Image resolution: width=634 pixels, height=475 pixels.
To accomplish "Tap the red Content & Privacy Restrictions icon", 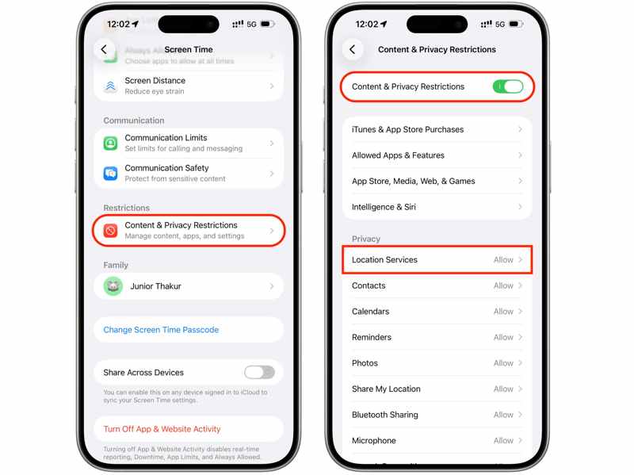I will coord(111,231).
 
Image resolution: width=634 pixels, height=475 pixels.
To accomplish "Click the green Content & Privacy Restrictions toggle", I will coord(507,86).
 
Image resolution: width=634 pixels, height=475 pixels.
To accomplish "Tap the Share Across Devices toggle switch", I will coord(259,372).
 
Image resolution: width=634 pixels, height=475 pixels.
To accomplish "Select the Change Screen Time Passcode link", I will coord(161,330).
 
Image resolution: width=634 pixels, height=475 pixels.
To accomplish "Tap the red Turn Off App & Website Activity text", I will coord(162,429).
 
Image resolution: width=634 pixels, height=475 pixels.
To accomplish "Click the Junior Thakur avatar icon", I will coord(113,286).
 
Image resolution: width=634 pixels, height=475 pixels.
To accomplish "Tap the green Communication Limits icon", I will coord(111,144).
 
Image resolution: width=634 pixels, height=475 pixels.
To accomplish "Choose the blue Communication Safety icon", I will coord(111,173).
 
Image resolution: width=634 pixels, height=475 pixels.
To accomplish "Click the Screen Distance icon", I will coord(111,86).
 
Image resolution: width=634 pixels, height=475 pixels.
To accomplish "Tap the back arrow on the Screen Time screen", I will coord(104,49).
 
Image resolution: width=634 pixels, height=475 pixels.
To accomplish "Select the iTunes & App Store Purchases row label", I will coord(407,129).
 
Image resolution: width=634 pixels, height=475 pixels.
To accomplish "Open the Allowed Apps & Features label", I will coord(398,155).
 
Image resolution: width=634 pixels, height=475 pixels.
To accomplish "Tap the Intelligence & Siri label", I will coord(384,207).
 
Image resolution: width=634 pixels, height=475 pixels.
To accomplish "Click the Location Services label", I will coord(384,260).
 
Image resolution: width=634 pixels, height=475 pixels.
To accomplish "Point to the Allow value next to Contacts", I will coord(503,285).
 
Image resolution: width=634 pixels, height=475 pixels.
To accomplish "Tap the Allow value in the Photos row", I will coord(503,363).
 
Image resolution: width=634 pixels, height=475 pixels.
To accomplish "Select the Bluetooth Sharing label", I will coord(385,415).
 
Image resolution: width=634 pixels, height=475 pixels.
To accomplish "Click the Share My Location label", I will coord(386,389).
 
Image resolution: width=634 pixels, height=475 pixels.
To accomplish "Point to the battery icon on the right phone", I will coord(515,24).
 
